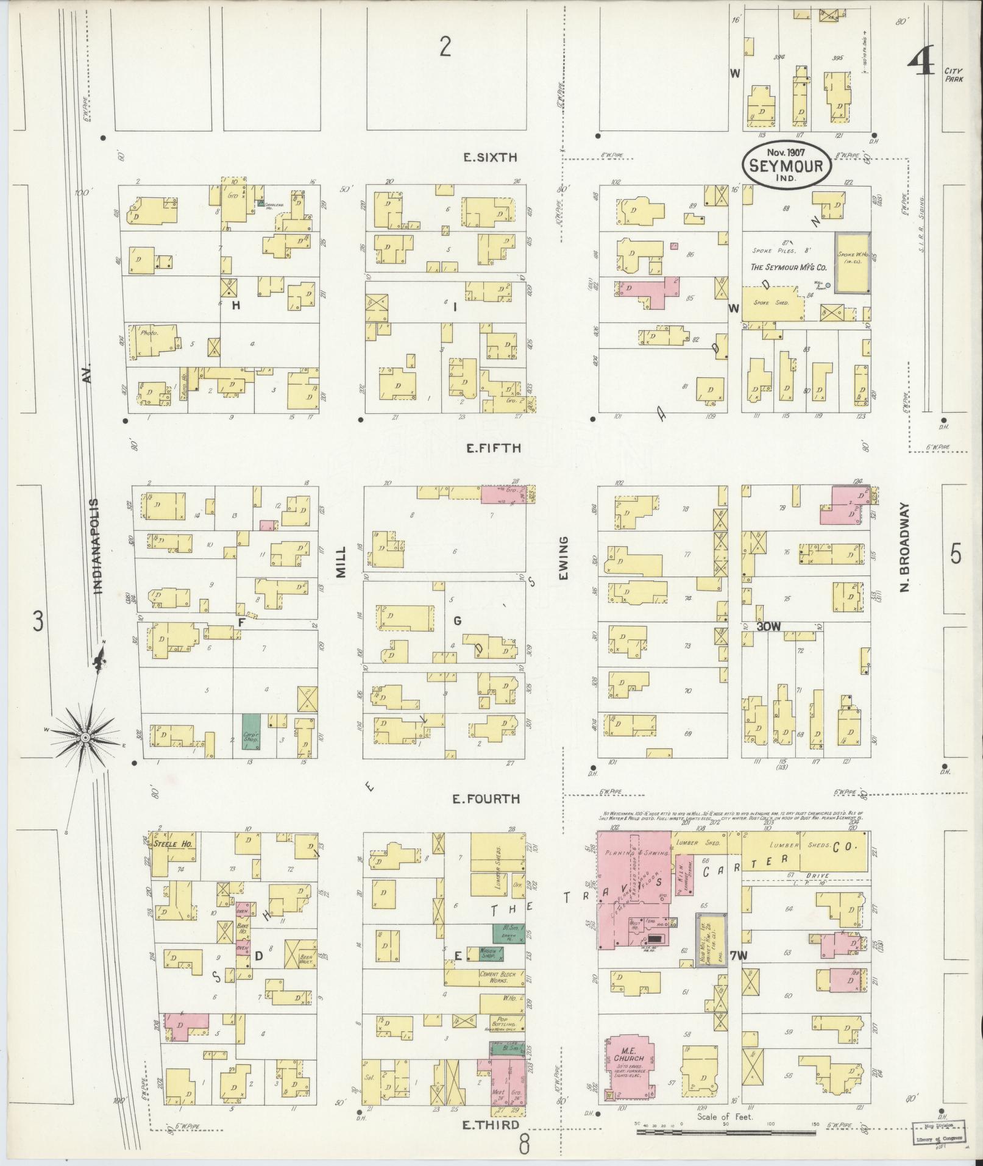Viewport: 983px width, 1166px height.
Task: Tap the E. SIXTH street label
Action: coord(490,157)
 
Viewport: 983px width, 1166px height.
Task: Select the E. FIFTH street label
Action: coord(493,448)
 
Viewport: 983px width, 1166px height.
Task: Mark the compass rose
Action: coord(86,738)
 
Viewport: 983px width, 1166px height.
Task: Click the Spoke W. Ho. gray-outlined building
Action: coord(851,263)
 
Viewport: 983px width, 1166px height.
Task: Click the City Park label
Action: coord(953,75)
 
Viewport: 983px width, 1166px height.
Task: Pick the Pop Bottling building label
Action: coord(503,1023)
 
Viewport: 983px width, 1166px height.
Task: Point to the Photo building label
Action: coord(149,333)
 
